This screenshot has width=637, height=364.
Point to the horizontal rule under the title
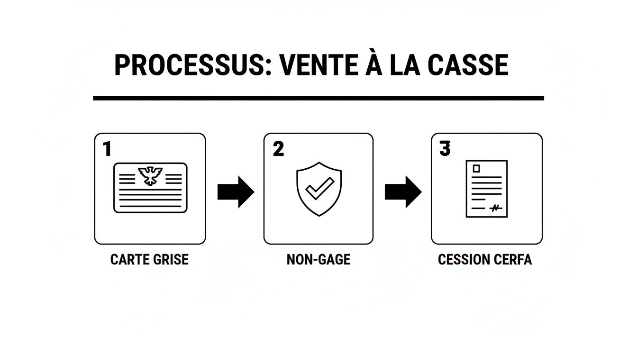pos(318,98)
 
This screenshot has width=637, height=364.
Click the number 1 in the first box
pos(107,149)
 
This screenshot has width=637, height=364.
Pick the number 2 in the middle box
pos(278,149)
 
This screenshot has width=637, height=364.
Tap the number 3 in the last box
pos(445,149)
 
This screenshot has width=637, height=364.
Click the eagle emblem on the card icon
pos(150,175)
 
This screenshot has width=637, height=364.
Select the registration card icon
pos(150,188)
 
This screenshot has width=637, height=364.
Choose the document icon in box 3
pos(487,189)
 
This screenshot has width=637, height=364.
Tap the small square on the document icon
pos(476,169)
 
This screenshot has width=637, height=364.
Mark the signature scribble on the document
pos(495,208)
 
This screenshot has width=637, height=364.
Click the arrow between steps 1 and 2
pos(236,192)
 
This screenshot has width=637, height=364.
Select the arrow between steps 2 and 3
pos(403,192)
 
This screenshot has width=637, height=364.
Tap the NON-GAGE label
pos(318,260)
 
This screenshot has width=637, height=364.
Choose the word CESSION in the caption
pos(464,260)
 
